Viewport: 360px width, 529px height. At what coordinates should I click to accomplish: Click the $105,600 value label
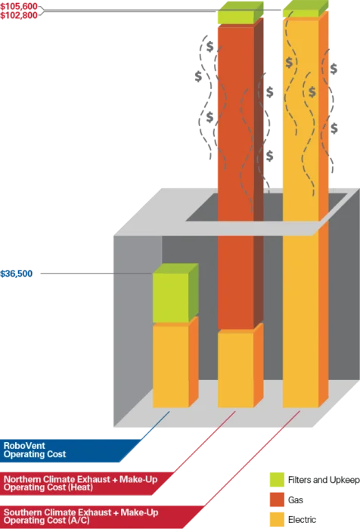pos(19,6)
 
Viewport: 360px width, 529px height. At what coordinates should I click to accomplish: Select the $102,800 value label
pos(19,15)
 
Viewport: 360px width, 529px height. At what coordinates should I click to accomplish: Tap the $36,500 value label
pos(17,274)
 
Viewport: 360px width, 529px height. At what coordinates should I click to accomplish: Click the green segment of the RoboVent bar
pos(171,298)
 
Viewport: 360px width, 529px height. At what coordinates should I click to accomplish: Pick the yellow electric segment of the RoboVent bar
pos(171,366)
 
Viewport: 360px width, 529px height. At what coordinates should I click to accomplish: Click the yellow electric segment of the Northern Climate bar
pos(236,370)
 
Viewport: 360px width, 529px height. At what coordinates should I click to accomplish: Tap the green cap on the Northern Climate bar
pos(236,16)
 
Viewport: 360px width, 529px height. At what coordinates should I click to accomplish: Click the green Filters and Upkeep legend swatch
pos(277,480)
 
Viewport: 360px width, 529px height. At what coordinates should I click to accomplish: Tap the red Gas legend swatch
pos(277,500)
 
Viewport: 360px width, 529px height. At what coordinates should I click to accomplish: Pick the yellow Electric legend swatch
pos(277,520)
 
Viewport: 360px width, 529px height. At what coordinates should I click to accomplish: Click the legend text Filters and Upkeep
pos(324,480)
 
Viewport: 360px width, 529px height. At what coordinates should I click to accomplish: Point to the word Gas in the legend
pos(296,500)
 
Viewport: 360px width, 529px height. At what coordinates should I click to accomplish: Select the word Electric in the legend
pos(303,520)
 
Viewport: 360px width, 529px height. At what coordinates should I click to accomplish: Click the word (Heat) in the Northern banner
pos(80,487)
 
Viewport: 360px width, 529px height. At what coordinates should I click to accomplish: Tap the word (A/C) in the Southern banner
pos(79,521)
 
